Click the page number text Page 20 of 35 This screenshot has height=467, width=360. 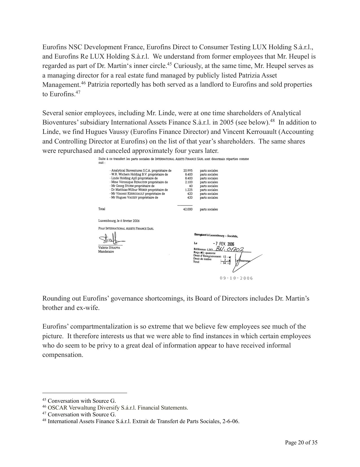pyautogui.click(x=301, y=442)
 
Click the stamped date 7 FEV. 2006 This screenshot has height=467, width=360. pyautogui.click(x=223, y=244)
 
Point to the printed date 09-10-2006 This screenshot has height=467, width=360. pyautogui.click(x=236, y=278)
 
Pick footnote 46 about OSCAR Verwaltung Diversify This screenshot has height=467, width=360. pyautogui.click(x=115, y=408)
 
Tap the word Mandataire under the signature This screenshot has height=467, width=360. pyautogui.click(x=106, y=251)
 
